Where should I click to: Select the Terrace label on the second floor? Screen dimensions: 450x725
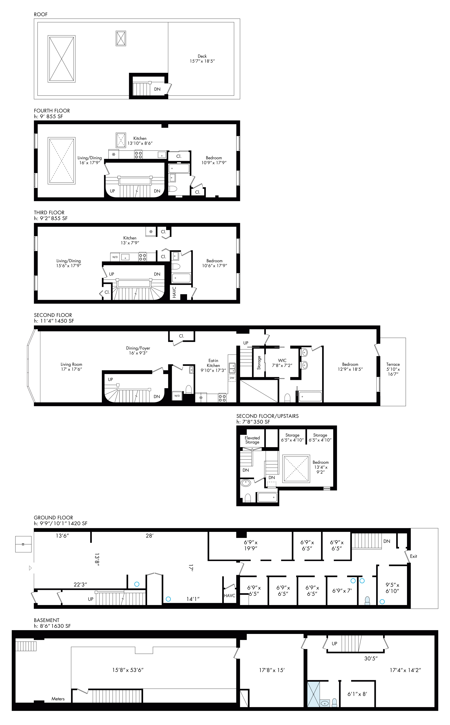pyautogui.click(x=393, y=364)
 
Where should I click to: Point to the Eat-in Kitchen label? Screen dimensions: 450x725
pyautogui.click(x=213, y=363)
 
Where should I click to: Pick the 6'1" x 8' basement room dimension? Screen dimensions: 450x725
pyautogui.click(x=357, y=694)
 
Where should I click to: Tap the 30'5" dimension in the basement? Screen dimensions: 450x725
pyautogui.click(x=371, y=658)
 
